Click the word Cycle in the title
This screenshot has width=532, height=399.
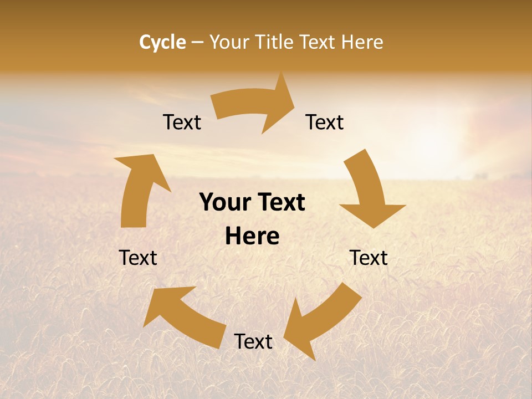[x=162, y=42]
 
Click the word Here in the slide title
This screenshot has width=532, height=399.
[x=363, y=42]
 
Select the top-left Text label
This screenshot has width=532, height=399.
[x=182, y=122]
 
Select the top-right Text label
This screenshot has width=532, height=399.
[x=325, y=122]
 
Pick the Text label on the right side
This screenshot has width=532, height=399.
[x=369, y=258]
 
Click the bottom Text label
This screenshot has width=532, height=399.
[x=253, y=341]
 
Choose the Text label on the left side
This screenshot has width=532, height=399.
[x=138, y=258]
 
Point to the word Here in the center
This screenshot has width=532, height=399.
[x=252, y=237]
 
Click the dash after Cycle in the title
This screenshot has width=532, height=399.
[x=197, y=43]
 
